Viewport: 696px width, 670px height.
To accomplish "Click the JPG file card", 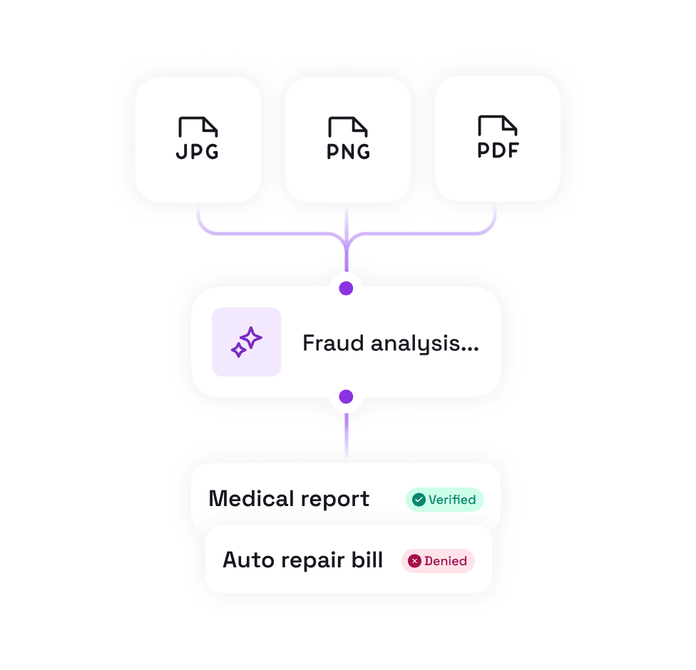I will [x=198, y=139].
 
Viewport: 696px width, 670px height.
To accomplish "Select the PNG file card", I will [x=348, y=139].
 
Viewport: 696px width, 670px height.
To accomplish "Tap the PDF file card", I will [x=498, y=139].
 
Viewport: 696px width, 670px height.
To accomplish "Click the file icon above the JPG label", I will [x=198, y=128].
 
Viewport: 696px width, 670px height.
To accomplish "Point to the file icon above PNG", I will [x=348, y=128].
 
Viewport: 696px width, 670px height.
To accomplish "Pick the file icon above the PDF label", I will [x=498, y=126].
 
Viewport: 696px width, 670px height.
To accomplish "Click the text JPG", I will [x=198, y=152].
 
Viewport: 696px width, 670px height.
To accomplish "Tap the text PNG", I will [x=348, y=152].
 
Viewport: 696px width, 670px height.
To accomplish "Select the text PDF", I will [x=498, y=150].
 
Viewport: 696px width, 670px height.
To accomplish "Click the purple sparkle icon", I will [x=247, y=342].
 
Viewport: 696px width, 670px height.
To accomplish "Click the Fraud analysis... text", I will [x=390, y=344].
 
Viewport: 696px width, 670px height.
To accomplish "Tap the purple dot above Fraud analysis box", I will [x=346, y=288].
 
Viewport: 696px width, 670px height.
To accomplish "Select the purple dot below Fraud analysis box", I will [x=346, y=396].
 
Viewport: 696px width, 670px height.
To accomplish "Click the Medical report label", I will [x=289, y=499].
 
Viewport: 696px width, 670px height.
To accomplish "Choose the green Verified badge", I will [x=444, y=500].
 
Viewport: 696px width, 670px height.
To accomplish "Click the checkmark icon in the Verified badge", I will [x=419, y=500].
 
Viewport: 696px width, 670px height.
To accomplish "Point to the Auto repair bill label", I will [x=302, y=560].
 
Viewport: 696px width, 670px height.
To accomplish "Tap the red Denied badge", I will [x=438, y=561].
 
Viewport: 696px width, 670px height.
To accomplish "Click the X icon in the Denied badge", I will [x=414, y=561].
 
